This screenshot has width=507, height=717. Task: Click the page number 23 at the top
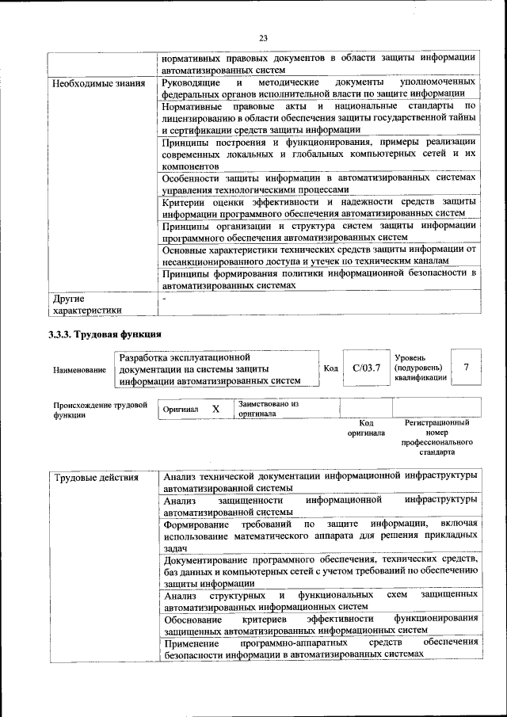coord(263,36)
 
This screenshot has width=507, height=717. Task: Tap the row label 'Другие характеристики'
coord(86,305)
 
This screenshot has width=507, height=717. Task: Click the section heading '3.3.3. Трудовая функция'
coord(105,334)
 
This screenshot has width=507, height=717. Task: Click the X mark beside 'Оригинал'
coord(215,409)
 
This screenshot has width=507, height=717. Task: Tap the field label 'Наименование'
coord(79,370)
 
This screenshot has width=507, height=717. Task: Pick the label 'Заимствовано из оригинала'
coord(267,409)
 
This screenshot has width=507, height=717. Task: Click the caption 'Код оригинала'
coord(366,429)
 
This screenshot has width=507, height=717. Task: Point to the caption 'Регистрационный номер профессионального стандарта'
coord(436,438)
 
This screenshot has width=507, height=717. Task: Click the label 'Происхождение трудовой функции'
coord(101,410)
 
